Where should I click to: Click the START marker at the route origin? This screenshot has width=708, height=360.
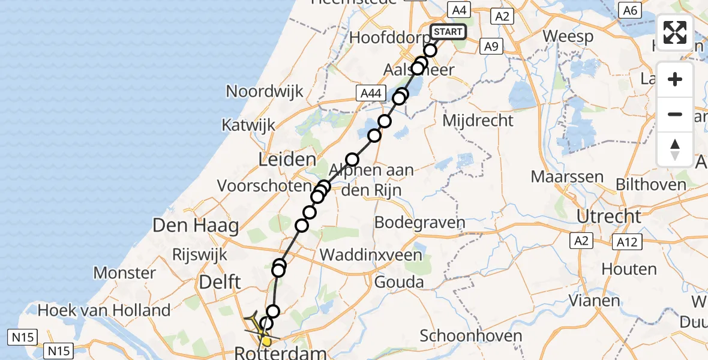pyautogui.click(x=448, y=32)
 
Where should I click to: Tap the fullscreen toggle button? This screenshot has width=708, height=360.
pyautogui.click(x=675, y=32)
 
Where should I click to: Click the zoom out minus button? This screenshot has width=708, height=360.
pyautogui.click(x=675, y=114)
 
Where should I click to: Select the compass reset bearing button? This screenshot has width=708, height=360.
pyautogui.click(x=675, y=149)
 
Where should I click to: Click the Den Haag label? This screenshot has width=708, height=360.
pyautogui.click(x=196, y=226)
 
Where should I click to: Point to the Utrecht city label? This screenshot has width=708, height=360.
pyautogui.click(x=609, y=216)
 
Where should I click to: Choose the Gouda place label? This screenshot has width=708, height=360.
pyautogui.click(x=398, y=281)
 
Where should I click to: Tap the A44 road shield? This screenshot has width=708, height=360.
pyautogui.click(x=369, y=92)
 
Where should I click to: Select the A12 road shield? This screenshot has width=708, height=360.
pyautogui.click(x=628, y=242)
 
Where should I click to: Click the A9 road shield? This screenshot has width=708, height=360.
pyautogui.click(x=491, y=46)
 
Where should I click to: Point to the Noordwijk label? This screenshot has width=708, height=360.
pyautogui.click(x=265, y=91)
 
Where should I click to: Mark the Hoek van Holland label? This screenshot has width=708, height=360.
pyautogui.click(x=104, y=310)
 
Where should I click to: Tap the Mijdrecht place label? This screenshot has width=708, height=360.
pyautogui.click(x=478, y=121)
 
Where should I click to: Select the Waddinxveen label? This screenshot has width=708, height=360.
pyautogui.click(x=371, y=254)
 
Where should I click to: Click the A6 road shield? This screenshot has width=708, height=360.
pyautogui.click(x=629, y=10)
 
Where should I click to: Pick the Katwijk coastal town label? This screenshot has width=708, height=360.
pyautogui.click(x=248, y=125)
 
